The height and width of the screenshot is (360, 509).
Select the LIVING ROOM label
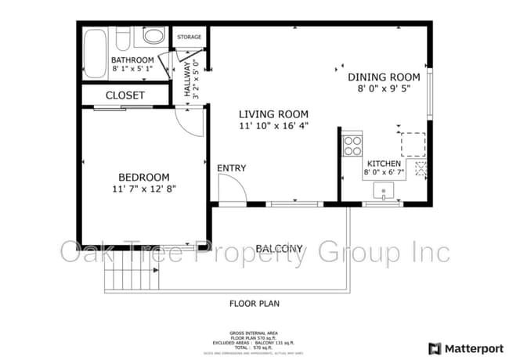point(273,113)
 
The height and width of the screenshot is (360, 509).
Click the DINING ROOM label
point(384,77)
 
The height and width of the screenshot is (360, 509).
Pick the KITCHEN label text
point(384,164)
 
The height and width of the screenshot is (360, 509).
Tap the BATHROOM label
point(132,59)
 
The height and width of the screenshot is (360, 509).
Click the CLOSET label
point(125,95)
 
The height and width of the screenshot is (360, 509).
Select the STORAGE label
point(189,37)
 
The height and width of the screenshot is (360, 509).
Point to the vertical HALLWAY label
point(187,79)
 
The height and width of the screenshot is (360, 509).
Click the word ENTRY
point(232,167)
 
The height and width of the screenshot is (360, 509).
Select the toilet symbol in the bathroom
point(154,36)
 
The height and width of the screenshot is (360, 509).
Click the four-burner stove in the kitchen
point(353,145)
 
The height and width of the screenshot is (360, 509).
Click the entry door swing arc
point(229,188)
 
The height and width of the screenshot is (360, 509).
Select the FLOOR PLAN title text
point(254,303)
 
